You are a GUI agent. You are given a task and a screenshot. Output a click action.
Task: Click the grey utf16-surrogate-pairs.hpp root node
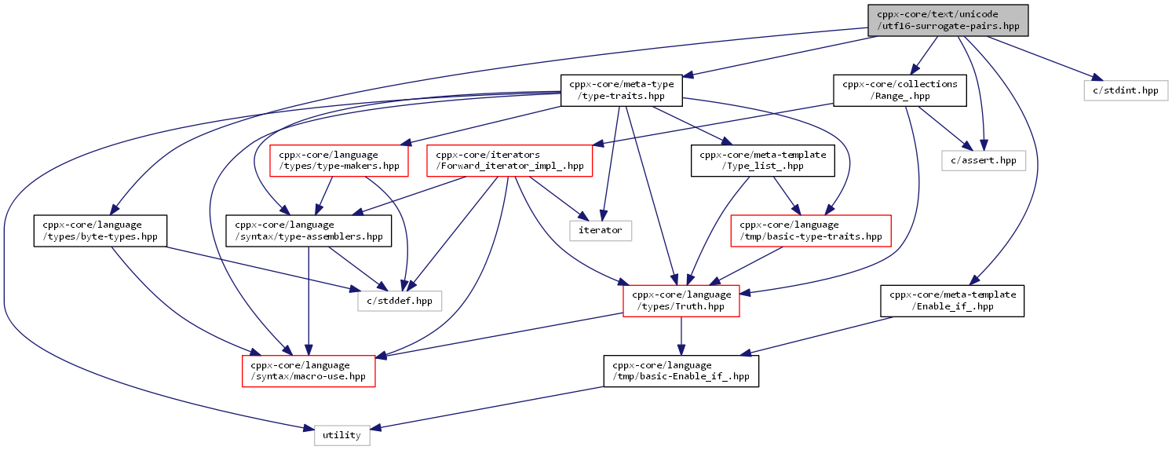tap(947, 20)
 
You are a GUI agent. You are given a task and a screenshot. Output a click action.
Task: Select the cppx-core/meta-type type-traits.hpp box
tap(621, 90)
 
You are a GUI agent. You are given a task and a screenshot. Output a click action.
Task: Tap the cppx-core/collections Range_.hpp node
tap(900, 90)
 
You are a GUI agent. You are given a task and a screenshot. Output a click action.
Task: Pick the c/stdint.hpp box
tap(1126, 90)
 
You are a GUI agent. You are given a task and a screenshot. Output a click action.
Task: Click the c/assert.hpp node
tap(983, 161)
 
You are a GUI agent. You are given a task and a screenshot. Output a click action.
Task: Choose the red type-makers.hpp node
tap(338, 161)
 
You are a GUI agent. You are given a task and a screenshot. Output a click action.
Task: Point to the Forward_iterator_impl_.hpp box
tap(509, 161)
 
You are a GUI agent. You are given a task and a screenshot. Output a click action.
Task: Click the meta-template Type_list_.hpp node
tap(762, 161)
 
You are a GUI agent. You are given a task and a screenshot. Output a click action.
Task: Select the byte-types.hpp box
tap(100, 231)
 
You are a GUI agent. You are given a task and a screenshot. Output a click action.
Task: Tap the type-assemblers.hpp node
tap(309, 231)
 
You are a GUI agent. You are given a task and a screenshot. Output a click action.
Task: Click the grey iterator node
tap(600, 231)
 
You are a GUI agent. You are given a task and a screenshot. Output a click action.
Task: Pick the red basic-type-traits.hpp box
tap(810, 231)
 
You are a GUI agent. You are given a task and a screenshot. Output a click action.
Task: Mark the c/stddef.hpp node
tap(400, 301)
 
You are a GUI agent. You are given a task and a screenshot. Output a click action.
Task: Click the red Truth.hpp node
tap(681, 301)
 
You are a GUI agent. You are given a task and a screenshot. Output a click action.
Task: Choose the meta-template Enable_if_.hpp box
tap(951, 301)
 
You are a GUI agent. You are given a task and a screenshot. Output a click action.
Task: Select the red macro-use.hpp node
tap(309, 371)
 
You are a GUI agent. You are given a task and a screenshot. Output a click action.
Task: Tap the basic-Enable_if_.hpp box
tap(681, 371)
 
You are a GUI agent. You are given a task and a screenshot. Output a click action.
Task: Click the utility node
tap(341, 435)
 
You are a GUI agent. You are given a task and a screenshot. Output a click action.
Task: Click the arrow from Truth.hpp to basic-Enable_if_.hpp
tap(681, 336)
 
